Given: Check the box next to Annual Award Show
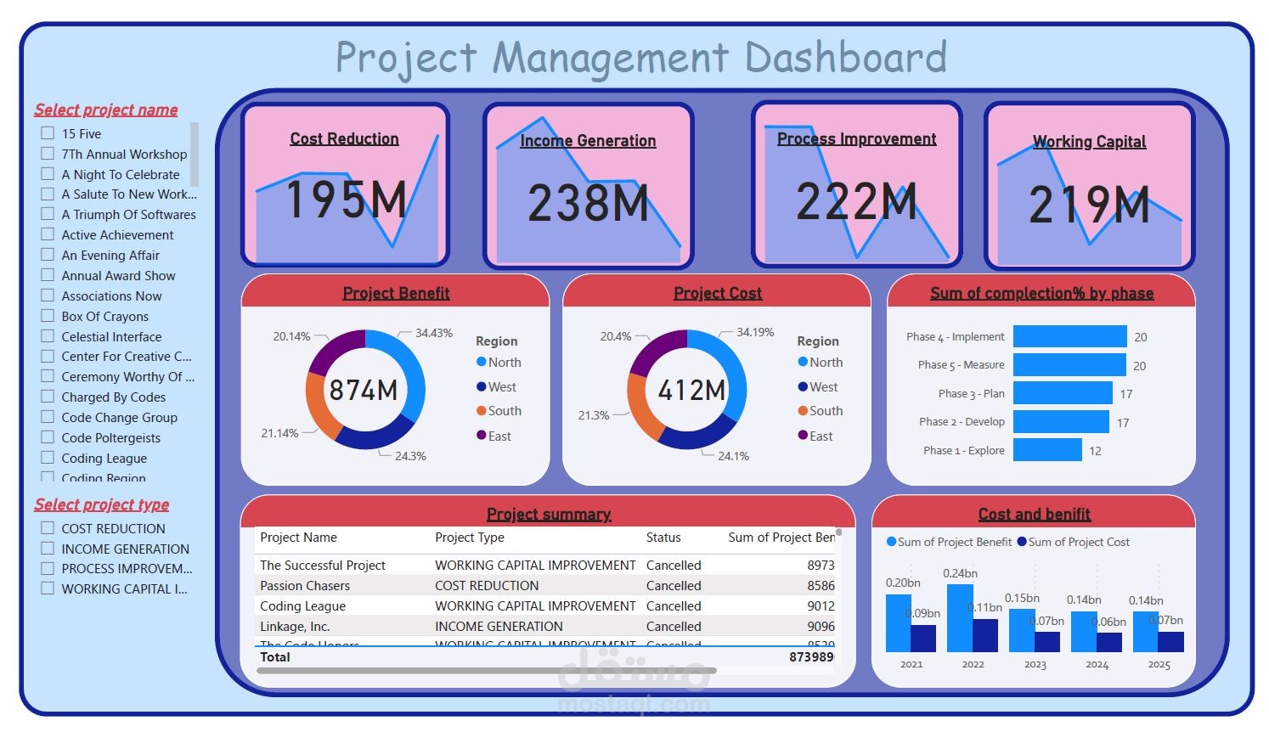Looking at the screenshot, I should pyautogui.click(x=48, y=275).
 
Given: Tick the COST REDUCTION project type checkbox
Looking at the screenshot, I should pyautogui.click(x=48, y=528).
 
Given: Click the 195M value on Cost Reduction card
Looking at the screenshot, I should pyautogui.click(x=345, y=200).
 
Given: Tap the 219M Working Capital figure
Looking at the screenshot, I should pyautogui.click(x=1089, y=205).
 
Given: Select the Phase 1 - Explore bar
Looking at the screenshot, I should pyautogui.click(x=1047, y=450).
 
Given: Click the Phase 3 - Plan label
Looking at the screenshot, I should pyautogui.click(x=971, y=393).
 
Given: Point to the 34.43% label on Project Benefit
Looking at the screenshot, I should pyautogui.click(x=433, y=333).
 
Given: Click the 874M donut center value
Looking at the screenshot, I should pyautogui.click(x=364, y=390).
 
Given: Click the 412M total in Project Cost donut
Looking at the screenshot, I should pyautogui.click(x=691, y=390).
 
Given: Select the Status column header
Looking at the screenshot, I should pyautogui.click(x=663, y=538).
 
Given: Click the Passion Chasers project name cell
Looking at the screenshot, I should pyautogui.click(x=305, y=586).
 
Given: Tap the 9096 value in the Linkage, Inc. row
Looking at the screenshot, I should pyautogui.click(x=821, y=627).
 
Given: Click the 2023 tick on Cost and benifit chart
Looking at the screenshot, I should pyautogui.click(x=1035, y=665).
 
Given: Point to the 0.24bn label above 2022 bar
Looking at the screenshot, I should pyautogui.click(x=960, y=573).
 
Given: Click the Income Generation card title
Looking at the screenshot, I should pyautogui.click(x=588, y=141).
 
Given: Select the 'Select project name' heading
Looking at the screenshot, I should pyautogui.click(x=106, y=110).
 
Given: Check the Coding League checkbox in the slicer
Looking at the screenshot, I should pyautogui.click(x=48, y=458).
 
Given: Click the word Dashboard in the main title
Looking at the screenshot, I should pyautogui.click(x=845, y=58).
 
